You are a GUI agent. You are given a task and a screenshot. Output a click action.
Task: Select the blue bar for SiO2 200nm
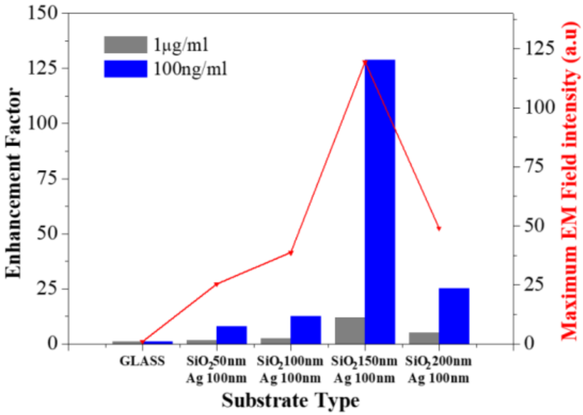point(454,316)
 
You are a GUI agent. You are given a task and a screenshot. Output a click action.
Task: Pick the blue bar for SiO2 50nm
point(231,335)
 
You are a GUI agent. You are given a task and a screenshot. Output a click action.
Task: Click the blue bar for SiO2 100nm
point(306,330)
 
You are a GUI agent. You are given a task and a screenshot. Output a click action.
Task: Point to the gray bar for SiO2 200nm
point(424,338)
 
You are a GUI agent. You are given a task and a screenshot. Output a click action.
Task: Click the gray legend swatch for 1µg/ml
point(125,45)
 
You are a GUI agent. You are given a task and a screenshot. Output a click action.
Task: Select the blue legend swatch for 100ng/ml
point(125,69)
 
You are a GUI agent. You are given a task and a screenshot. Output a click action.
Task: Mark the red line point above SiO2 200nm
point(439,228)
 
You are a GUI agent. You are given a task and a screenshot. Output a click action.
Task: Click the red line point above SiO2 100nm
point(291,253)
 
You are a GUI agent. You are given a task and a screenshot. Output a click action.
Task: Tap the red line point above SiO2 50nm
point(216,284)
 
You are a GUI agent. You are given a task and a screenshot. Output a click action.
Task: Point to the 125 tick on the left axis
point(43,68)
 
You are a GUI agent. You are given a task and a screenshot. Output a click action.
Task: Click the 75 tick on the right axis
point(534,166)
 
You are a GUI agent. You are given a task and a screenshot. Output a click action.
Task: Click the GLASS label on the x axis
point(142,361)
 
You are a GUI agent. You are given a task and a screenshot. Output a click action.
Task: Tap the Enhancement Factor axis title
point(13,183)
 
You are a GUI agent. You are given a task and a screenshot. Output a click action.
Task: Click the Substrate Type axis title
point(290,401)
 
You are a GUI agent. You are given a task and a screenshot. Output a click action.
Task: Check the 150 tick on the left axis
point(43,13)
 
